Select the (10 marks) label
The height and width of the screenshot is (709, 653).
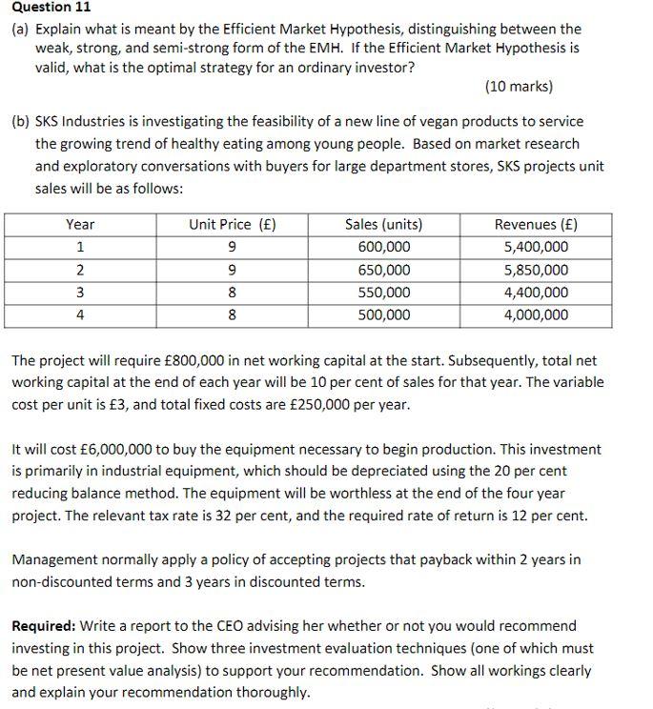click(519, 87)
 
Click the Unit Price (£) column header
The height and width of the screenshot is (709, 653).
click(233, 225)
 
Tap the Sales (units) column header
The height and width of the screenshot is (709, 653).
click(383, 225)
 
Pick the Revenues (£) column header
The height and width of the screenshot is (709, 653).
click(536, 225)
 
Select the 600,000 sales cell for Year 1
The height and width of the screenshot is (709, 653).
click(383, 248)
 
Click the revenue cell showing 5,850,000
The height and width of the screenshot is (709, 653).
click(536, 271)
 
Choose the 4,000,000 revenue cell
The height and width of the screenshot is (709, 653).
click(536, 315)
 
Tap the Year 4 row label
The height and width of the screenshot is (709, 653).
click(80, 315)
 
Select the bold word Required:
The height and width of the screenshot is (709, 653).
click(43, 626)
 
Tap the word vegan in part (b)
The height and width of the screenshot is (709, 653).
click(431, 122)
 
